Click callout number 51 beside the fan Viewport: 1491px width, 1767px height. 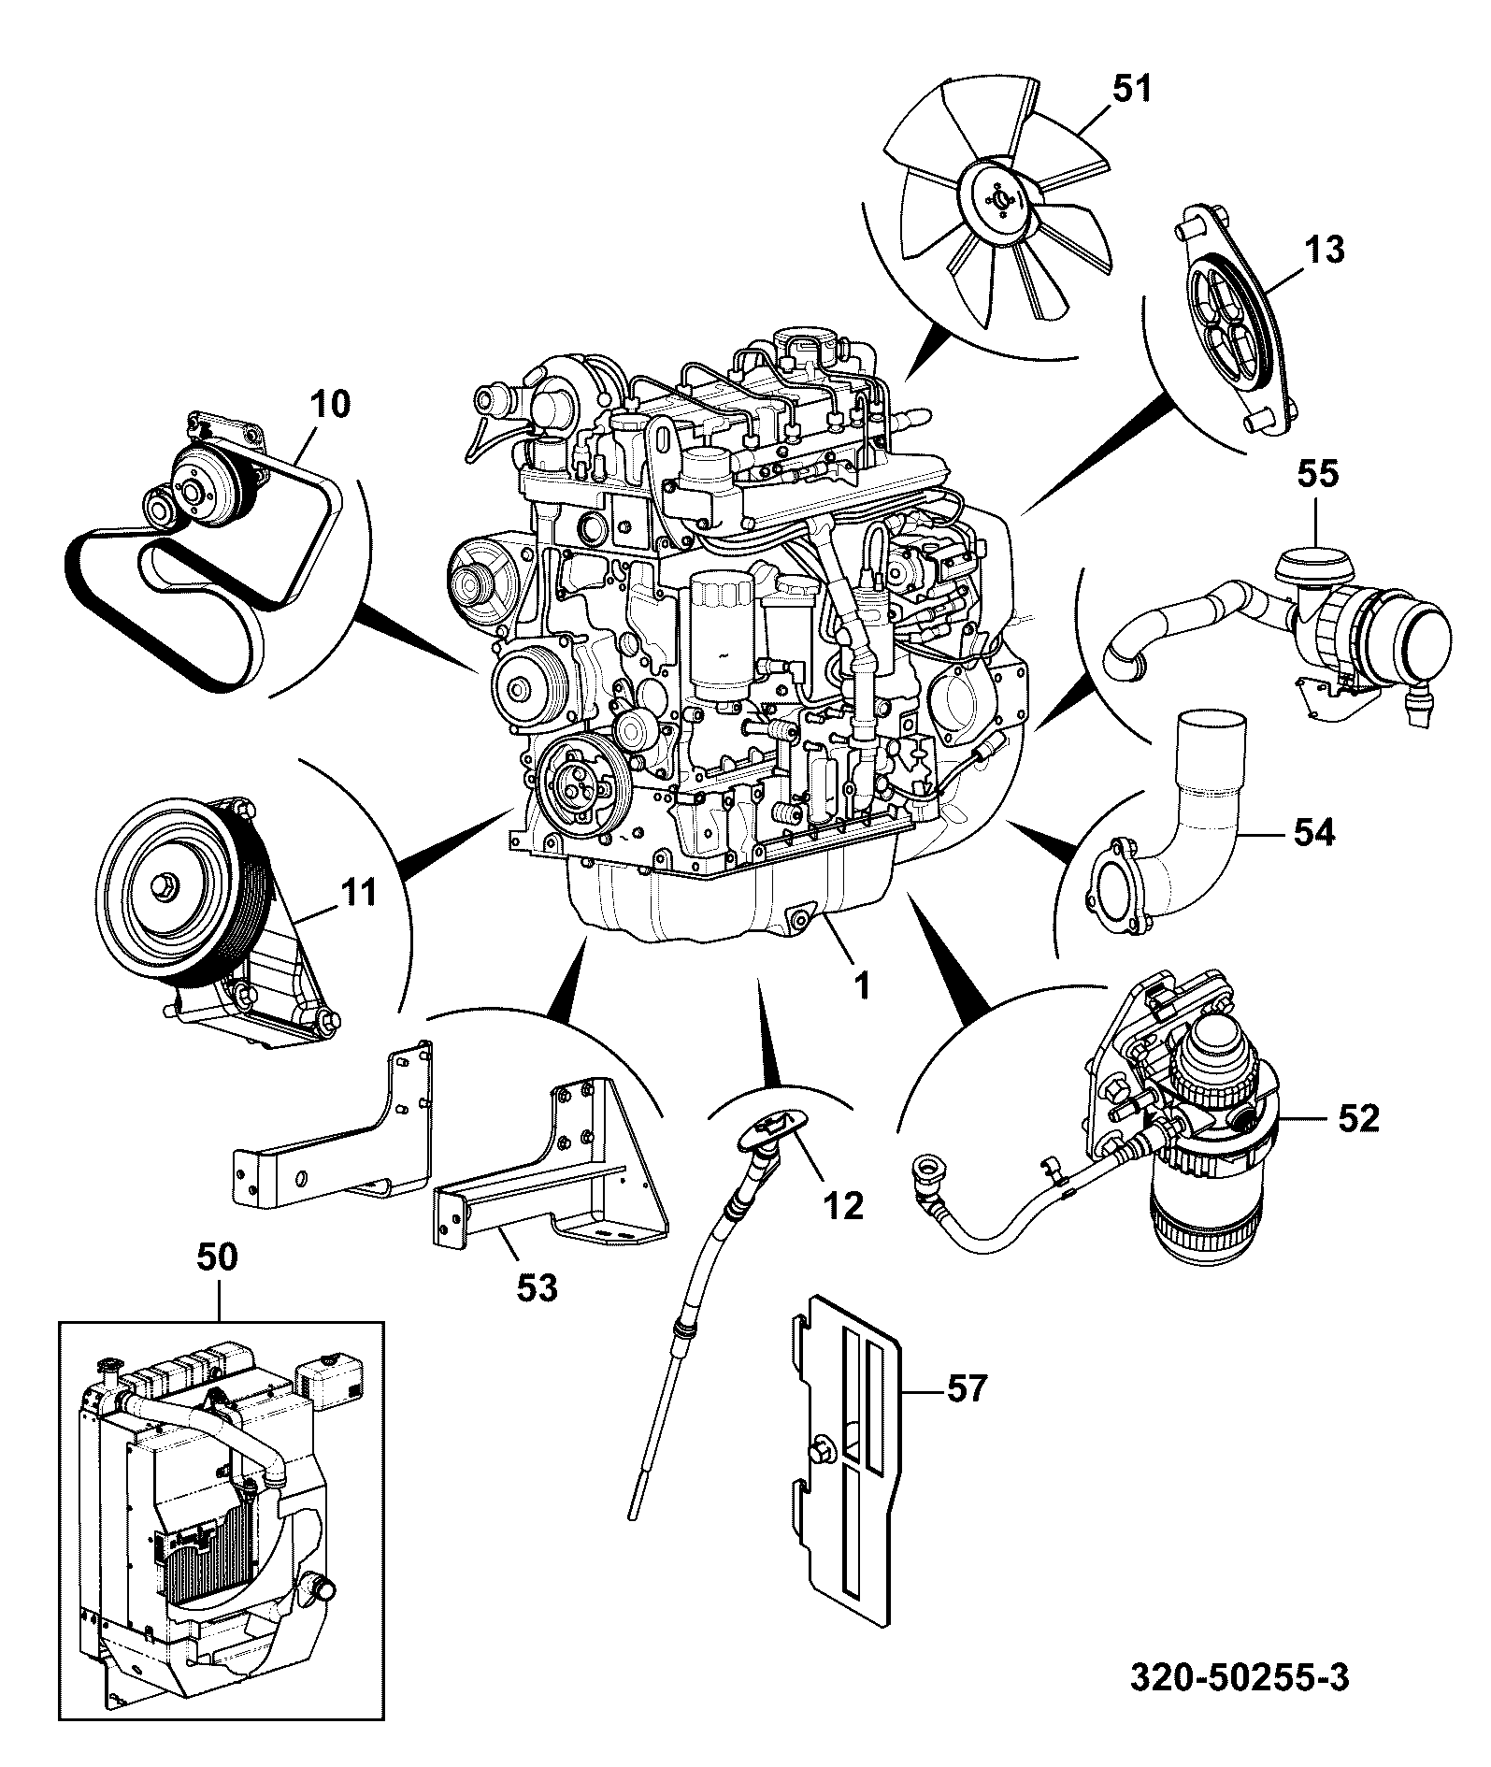click(x=1133, y=90)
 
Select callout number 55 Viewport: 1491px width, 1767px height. click(x=1317, y=474)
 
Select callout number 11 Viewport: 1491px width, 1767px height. click(x=359, y=893)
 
